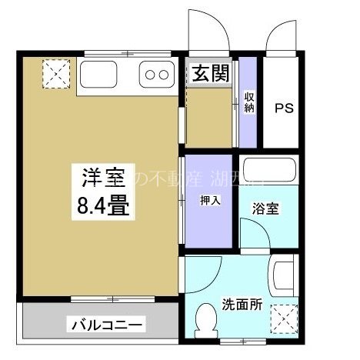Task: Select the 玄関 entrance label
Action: pos(210,75)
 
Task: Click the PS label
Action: pos(285,108)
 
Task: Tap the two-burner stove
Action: pos(157,75)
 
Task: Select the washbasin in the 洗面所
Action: pos(283,275)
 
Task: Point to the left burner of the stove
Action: pos(151,75)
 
